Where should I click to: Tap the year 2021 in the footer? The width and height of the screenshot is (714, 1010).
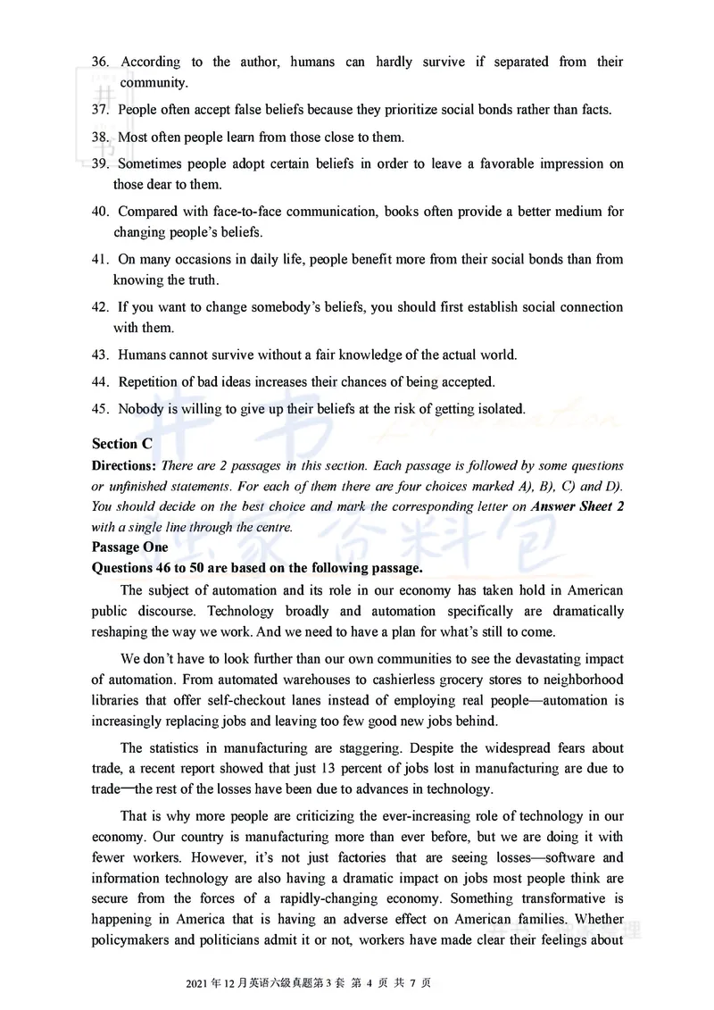click(x=197, y=983)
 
